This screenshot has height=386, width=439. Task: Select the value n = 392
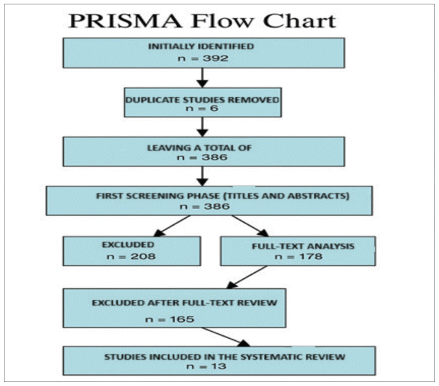(x=202, y=60)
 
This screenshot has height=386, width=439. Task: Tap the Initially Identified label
(x=202, y=47)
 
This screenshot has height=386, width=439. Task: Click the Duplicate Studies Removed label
(x=202, y=99)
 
